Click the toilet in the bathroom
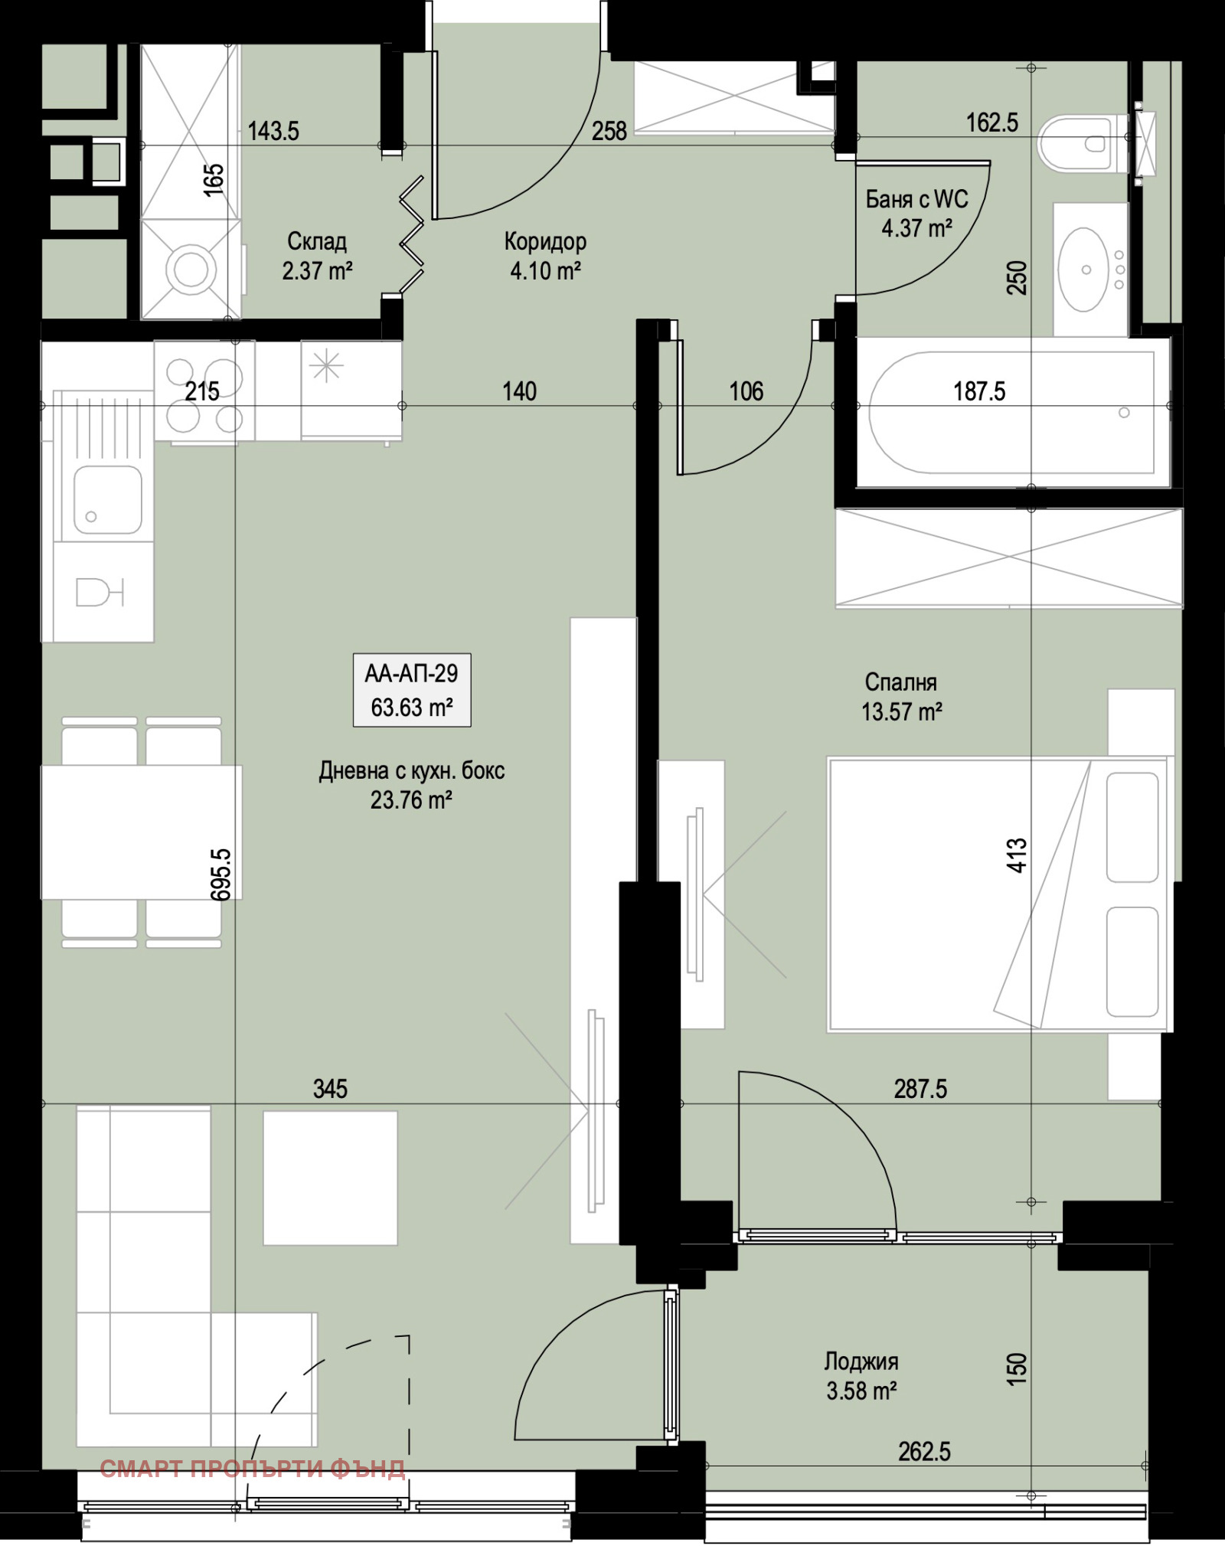click(1083, 143)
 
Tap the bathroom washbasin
click(1084, 269)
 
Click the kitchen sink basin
click(107, 499)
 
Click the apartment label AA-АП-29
click(411, 673)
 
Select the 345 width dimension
click(330, 1088)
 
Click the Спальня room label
click(901, 681)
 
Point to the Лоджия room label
click(861, 1361)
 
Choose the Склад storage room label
click(317, 241)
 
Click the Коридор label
click(545, 241)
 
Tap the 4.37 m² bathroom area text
click(916, 228)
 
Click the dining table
click(142, 832)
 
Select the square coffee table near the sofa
click(330, 1178)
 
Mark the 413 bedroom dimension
click(1017, 855)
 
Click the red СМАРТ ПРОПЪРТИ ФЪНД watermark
click(253, 1468)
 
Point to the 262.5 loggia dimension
click(925, 1451)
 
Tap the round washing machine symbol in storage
click(191, 269)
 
